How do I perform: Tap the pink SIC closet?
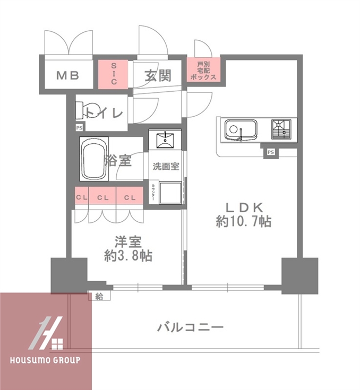coord(113,74)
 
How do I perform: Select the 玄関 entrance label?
coord(158,75)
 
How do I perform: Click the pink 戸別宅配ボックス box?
coord(203,70)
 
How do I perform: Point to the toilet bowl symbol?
coord(85,111)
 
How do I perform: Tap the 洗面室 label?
coord(166,166)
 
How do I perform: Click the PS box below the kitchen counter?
coord(271,152)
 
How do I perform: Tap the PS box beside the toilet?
coord(79,127)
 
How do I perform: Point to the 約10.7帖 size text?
coord(243,221)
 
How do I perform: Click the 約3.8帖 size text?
coord(127,256)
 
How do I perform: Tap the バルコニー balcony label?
coord(190,327)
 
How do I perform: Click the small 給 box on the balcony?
coord(100,296)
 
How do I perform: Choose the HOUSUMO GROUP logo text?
coord(45,361)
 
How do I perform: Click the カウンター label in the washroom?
coord(153,193)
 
